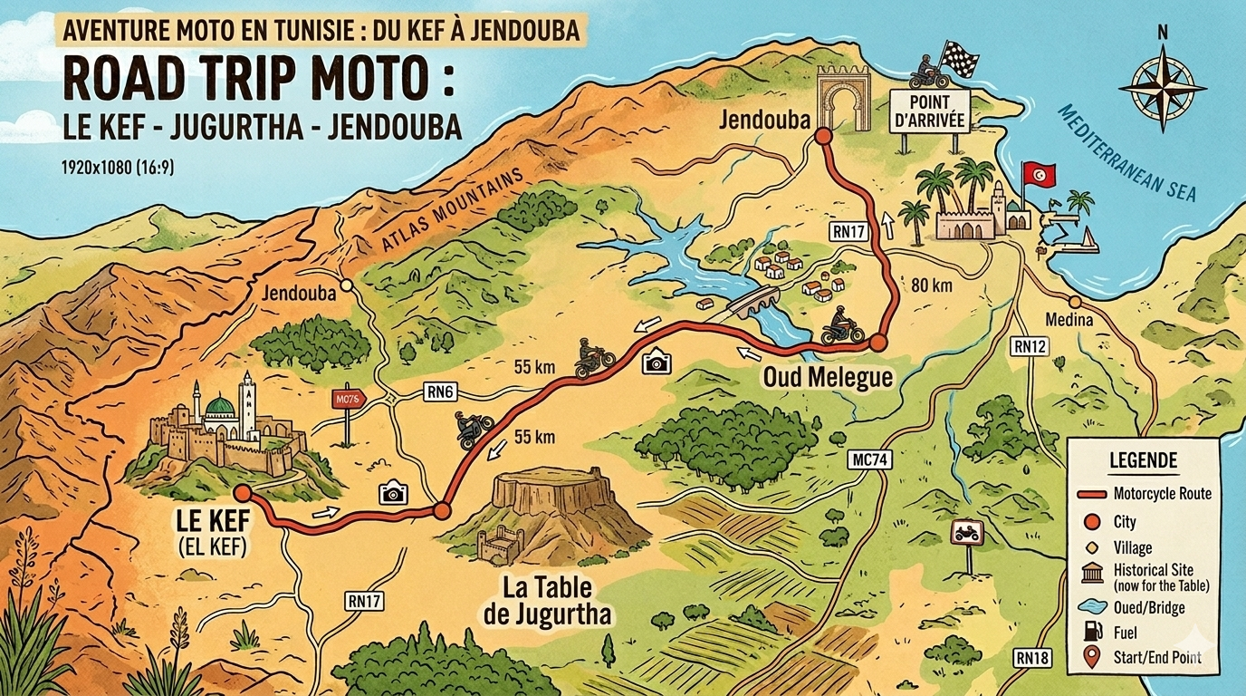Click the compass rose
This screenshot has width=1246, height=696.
click(x=1162, y=88)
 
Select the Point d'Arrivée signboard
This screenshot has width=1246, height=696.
click(x=930, y=111)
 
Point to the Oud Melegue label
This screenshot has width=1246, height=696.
click(x=829, y=378)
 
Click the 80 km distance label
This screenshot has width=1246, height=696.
click(x=932, y=286)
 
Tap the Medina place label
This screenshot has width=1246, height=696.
click(x=1069, y=320)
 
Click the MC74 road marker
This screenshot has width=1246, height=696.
click(x=871, y=460)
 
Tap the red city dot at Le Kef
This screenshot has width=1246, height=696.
click(x=242, y=492)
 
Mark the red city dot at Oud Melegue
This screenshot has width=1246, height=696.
click(x=877, y=343)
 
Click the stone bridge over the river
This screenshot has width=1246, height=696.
click(x=756, y=302)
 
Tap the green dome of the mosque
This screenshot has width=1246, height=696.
click(x=220, y=405)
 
